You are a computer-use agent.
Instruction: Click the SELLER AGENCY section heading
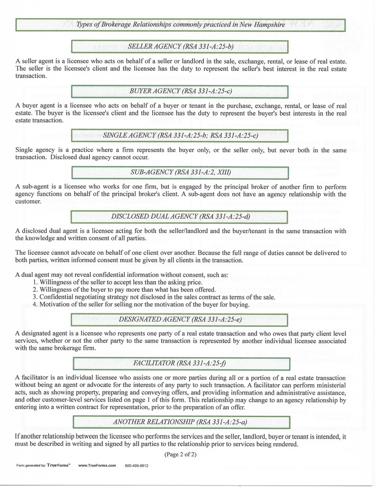click(x=180, y=46)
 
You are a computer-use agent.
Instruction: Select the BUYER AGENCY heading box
click(x=180, y=91)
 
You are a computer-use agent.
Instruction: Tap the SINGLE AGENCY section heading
click(x=180, y=135)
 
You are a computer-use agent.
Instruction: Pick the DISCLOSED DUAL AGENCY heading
click(x=180, y=216)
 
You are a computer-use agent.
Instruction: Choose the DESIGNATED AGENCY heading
click(x=180, y=319)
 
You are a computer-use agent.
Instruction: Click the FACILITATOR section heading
click(x=180, y=363)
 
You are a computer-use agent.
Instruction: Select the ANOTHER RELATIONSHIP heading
click(x=180, y=422)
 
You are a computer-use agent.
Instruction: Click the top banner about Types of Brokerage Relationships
click(x=180, y=24)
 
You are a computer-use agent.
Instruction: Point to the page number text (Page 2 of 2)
click(x=180, y=454)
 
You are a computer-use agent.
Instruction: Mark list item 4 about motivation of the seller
click(x=141, y=304)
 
